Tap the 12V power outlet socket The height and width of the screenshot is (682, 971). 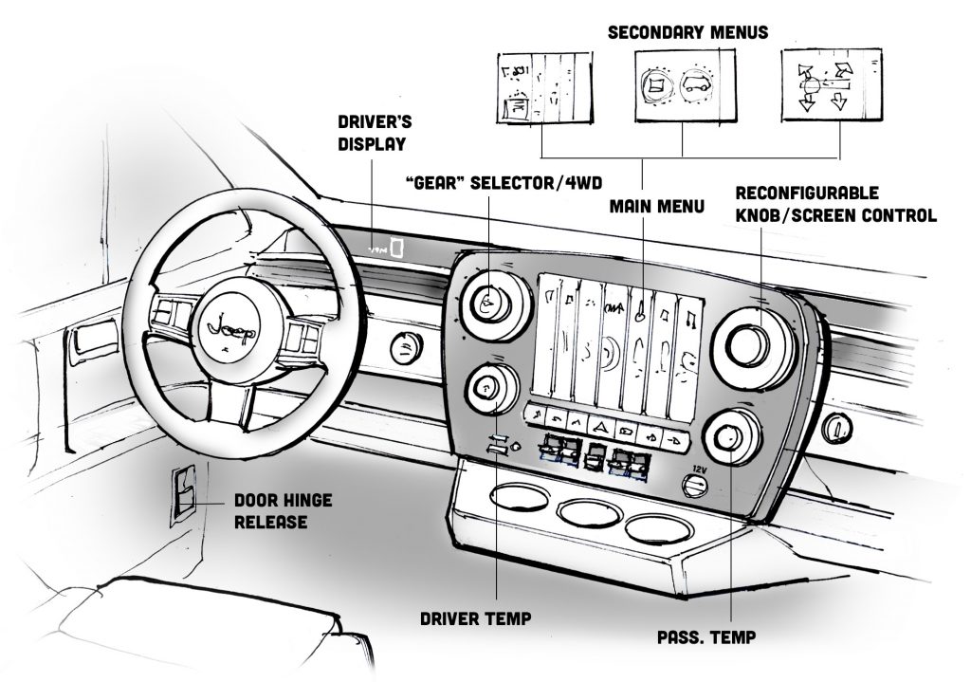pos(695,486)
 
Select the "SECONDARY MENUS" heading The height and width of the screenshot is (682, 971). pos(687,32)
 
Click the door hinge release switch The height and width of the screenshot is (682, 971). pos(182,497)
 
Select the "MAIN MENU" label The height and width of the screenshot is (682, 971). pos(656,205)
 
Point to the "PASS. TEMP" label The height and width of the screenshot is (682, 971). pos(706,636)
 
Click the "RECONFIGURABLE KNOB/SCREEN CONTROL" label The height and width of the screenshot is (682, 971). pos(835,204)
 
